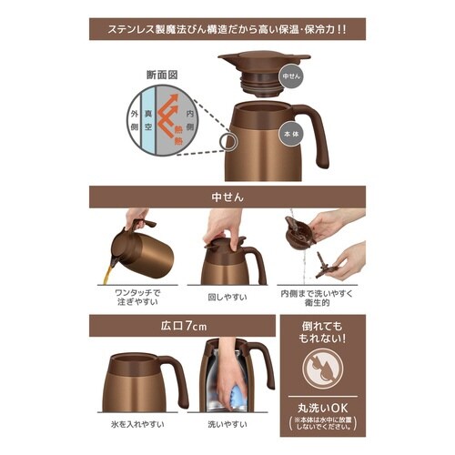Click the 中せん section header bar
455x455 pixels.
(x=227, y=195)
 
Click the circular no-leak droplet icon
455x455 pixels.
(x=323, y=370)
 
